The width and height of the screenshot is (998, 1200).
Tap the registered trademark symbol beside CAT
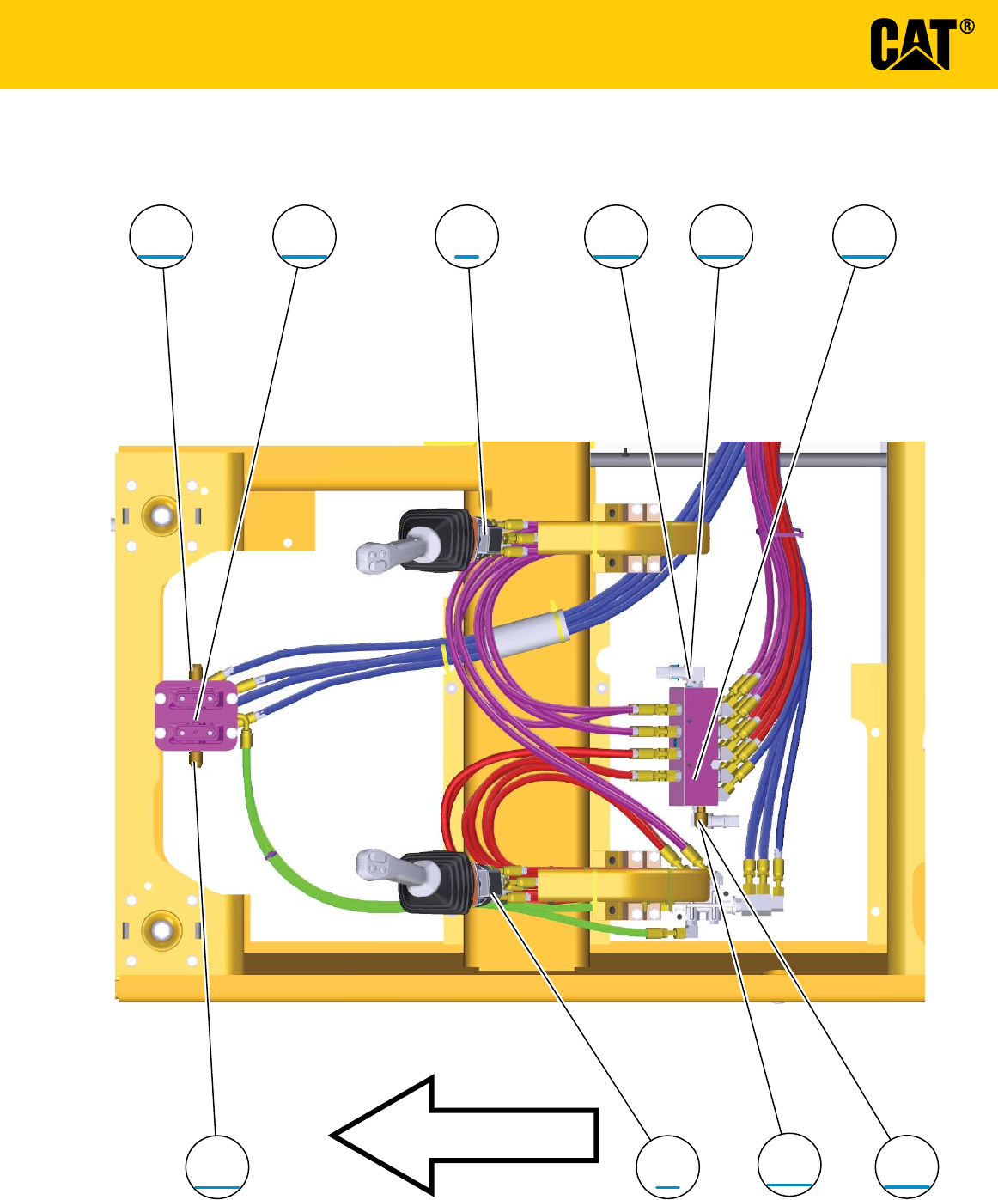point(967,27)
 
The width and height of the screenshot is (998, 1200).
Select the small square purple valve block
point(196,716)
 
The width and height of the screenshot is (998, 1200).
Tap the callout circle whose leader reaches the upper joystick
point(467,236)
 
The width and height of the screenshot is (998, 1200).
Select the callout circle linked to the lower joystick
point(667,1166)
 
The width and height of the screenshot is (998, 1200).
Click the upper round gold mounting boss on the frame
point(161,515)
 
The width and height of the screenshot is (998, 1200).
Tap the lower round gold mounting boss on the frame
point(161,929)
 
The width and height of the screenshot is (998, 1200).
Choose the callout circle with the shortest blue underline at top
point(467,236)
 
